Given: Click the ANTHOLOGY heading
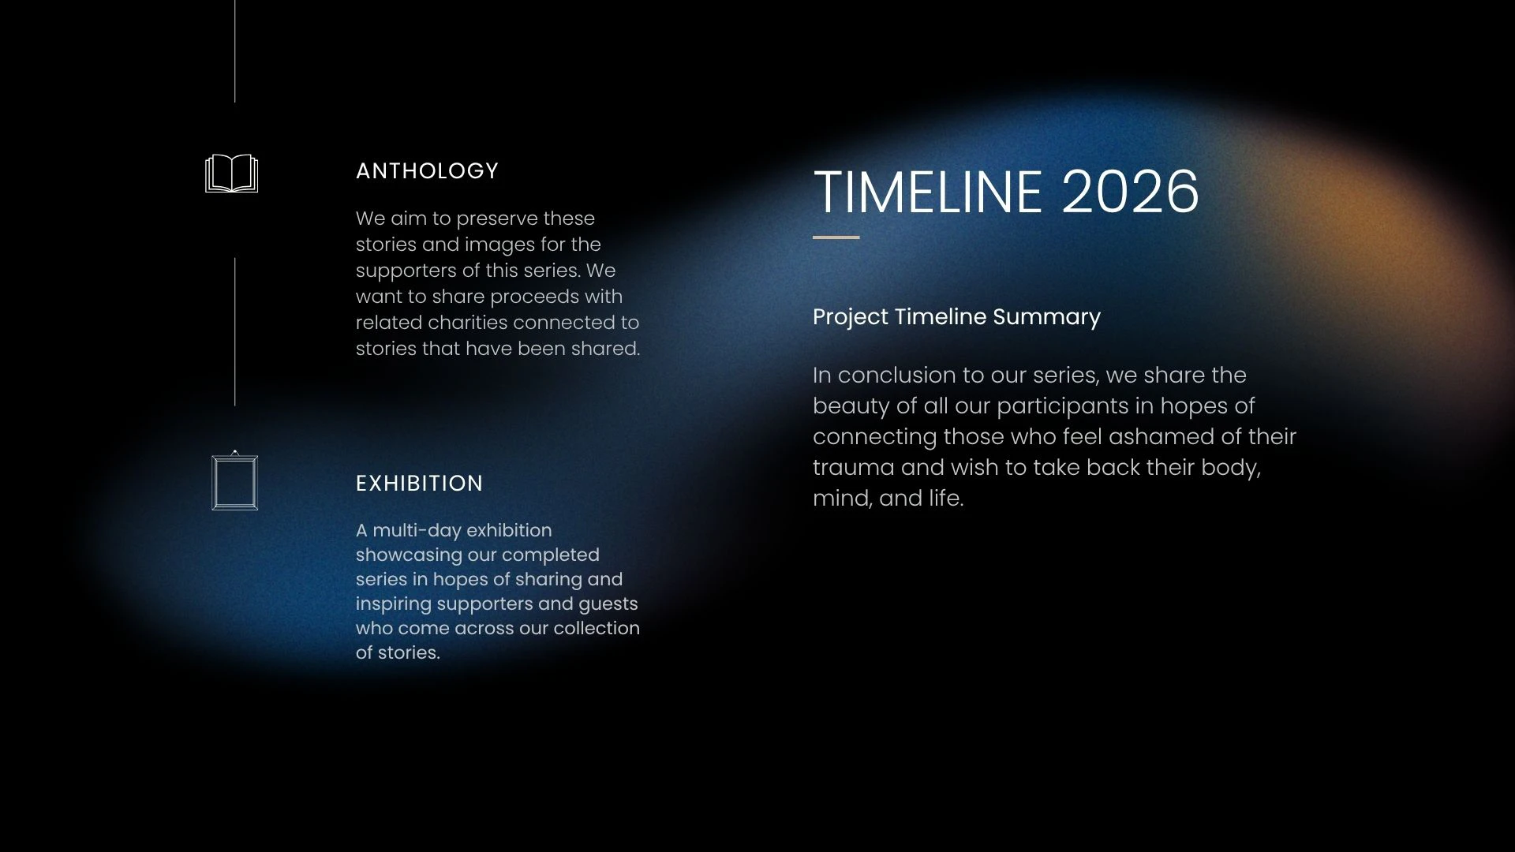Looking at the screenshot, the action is tap(427, 171).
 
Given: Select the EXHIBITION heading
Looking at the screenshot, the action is tap(419, 484).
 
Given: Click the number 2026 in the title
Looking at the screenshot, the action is tap(1130, 192).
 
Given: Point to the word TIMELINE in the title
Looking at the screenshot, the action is tap(928, 192).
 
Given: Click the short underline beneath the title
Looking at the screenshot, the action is tap(836, 237).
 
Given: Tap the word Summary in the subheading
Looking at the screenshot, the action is tap(1046, 317).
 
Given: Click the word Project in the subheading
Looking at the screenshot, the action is tap(851, 317).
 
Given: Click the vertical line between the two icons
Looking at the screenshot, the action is tap(234, 331).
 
